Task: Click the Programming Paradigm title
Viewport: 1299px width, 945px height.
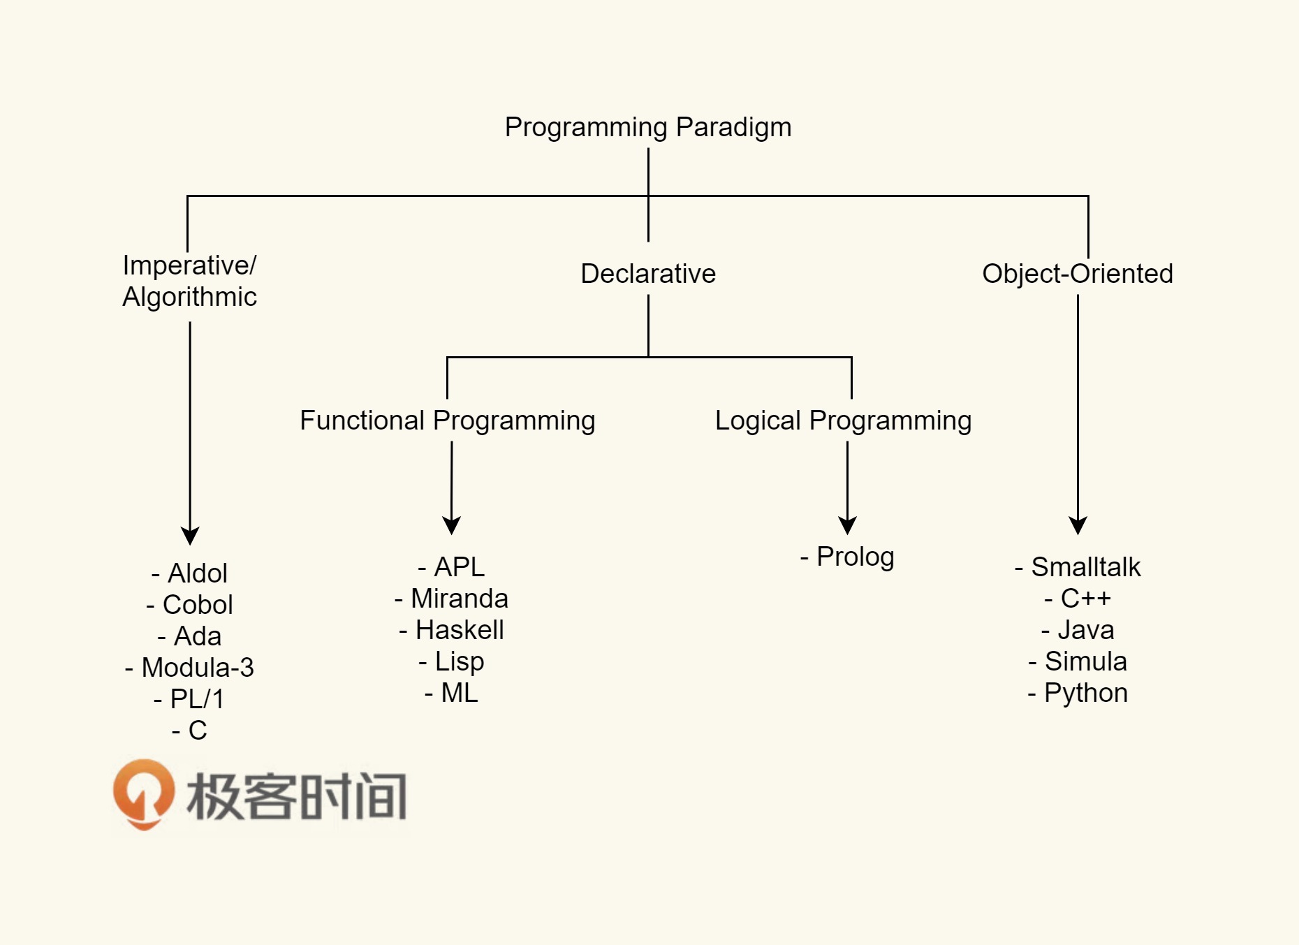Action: (648, 127)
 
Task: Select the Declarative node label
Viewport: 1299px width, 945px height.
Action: (648, 274)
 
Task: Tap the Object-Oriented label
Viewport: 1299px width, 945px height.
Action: (1077, 274)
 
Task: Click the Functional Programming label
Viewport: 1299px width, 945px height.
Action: (447, 420)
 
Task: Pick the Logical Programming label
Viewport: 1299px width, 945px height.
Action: (843, 420)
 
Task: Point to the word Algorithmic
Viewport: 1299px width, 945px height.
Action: (189, 298)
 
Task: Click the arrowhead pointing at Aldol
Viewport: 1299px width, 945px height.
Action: (190, 536)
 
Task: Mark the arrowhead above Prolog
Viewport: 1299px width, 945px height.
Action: (847, 525)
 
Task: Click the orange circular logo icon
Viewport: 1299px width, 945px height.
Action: (144, 794)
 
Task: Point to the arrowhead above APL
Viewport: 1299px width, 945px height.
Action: (451, 525)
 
